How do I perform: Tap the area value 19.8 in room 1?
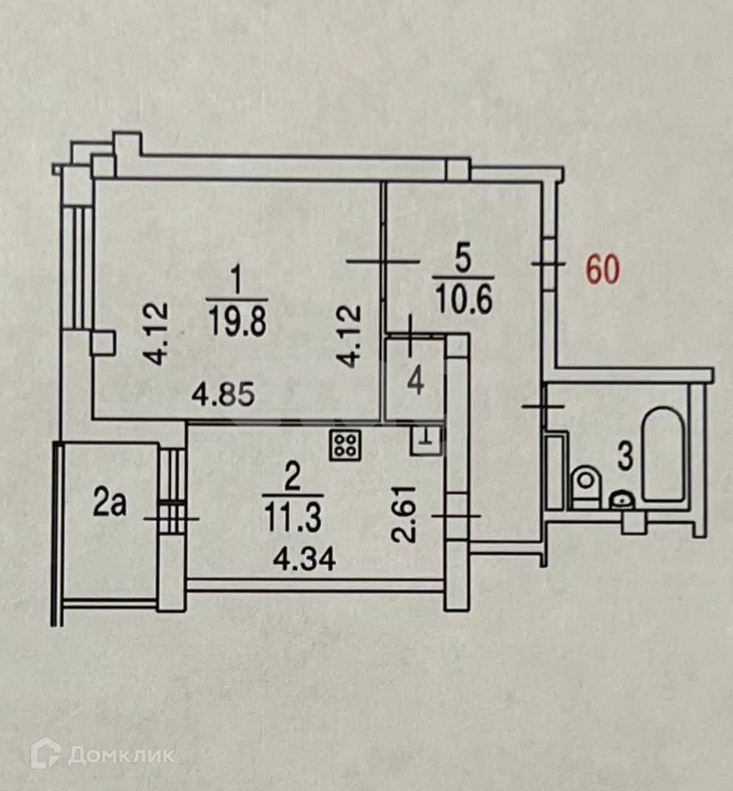pos(238,318)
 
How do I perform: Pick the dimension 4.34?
pos(304,561)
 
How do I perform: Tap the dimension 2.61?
pos(407,513)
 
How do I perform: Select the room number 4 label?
pos(417,383)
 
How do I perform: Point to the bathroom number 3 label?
pos(626,457)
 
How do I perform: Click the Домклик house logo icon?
pos(48,755)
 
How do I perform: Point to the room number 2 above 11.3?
pos(292,480)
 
